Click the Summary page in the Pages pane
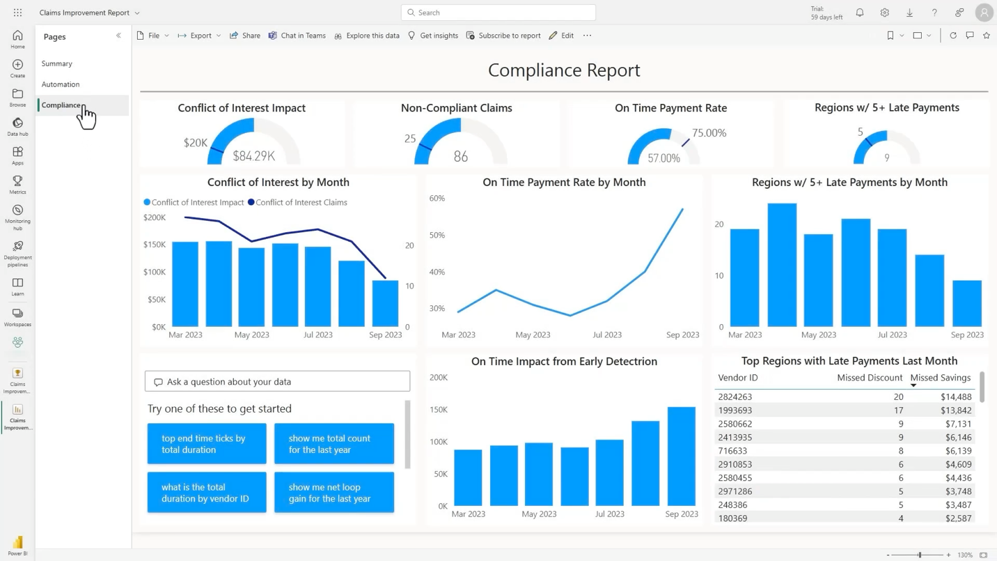click(56, 63)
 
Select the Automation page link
click(61, 84)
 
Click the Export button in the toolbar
click(200, 36)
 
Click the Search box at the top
click(498, 13)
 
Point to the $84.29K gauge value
click(253, 156)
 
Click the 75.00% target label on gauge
click(709, 133)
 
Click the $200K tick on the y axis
click(155, 217)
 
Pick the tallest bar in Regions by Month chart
click(782, 265)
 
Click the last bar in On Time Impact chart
click(681, 456)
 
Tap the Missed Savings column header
click(940, 378)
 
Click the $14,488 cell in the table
click(955, 397)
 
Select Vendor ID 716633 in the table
click(732, 451)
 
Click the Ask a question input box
click(277, 382)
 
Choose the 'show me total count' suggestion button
click(334, 444)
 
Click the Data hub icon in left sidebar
click(17, 127)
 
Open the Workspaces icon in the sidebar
click(17, 317)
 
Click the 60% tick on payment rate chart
click(437, 199)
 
